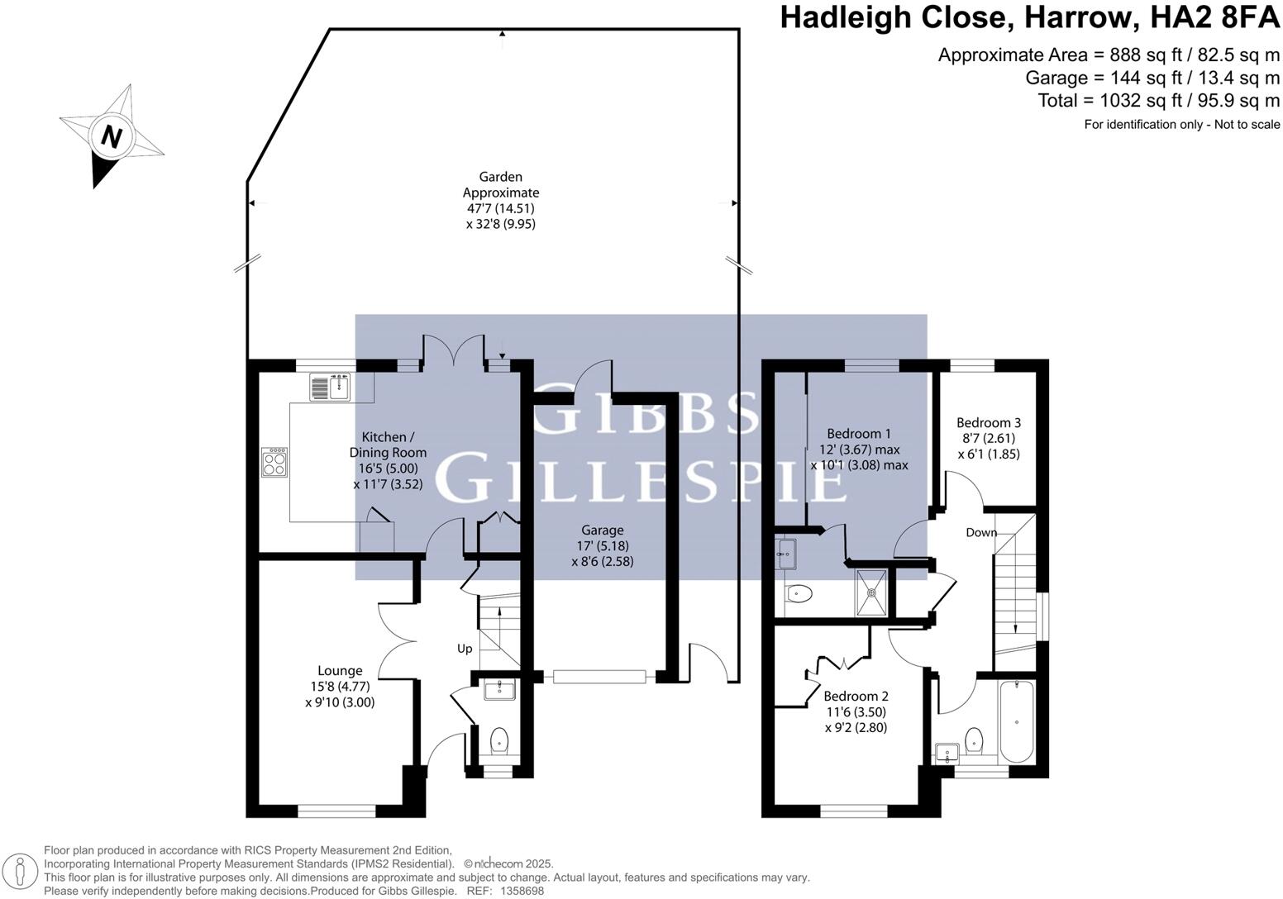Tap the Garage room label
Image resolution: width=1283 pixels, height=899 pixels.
(x=602, y=530)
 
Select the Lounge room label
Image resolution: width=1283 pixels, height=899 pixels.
(x=340, y=671)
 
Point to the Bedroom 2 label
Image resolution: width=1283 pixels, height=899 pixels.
(x=856, y=696)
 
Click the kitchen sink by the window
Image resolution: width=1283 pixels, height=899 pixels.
(x=331, y=386)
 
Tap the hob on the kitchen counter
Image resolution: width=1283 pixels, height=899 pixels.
(x=274, y=462)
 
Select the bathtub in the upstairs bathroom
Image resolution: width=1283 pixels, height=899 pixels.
(x=1016, y=721)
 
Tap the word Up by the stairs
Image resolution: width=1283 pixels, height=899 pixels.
(x=465, y=649)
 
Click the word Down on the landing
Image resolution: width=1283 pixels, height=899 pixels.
(x=981, y=533)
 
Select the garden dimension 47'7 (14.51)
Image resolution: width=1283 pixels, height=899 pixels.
(x=502, y=208)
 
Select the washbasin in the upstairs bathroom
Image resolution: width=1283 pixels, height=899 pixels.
(x=947, y=752)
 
